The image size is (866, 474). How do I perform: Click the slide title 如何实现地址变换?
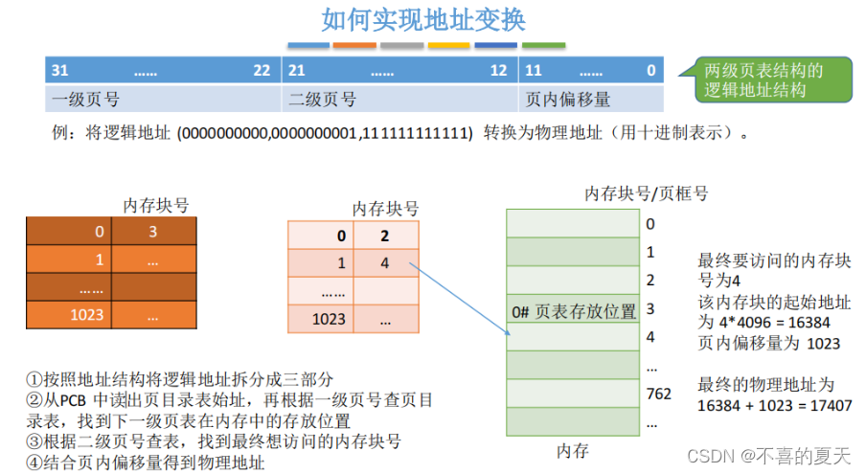[x=423, y=19]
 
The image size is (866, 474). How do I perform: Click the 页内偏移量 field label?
[x=568, y=100]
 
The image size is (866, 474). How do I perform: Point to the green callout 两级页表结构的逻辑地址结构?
[x=763, y=80]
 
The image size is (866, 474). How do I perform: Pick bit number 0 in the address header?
[x=650, y=70]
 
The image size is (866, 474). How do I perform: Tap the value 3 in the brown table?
[x=152, y=232]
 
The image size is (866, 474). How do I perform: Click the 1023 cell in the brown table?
[x=85, y=314]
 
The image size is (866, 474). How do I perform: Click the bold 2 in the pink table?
[x=384, y=236]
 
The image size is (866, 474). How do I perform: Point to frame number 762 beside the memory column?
[x=658, y=393]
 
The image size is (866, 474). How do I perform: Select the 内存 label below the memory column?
[x=572, y=450]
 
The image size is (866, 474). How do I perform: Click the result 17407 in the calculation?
[x=831, y=405]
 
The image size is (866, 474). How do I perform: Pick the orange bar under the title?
[x=354, y=45]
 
